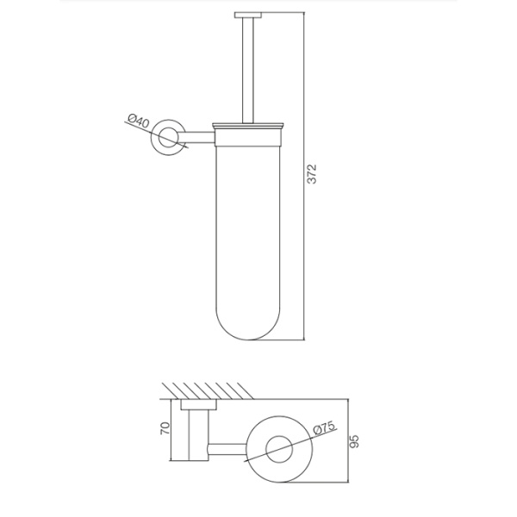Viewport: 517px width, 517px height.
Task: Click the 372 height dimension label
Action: pos(311,174)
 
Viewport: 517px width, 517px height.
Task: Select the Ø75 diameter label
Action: pos(324,428)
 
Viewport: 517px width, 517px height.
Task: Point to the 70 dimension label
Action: pos(165,428)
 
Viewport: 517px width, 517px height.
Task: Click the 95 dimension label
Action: pos(353,441)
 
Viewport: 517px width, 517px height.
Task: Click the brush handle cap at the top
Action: pos(248,15)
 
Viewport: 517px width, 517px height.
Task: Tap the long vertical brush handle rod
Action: pos(248,71)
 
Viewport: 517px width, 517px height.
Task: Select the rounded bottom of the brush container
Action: pos(248,324)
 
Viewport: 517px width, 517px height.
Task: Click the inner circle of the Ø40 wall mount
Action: pos(168,138)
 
